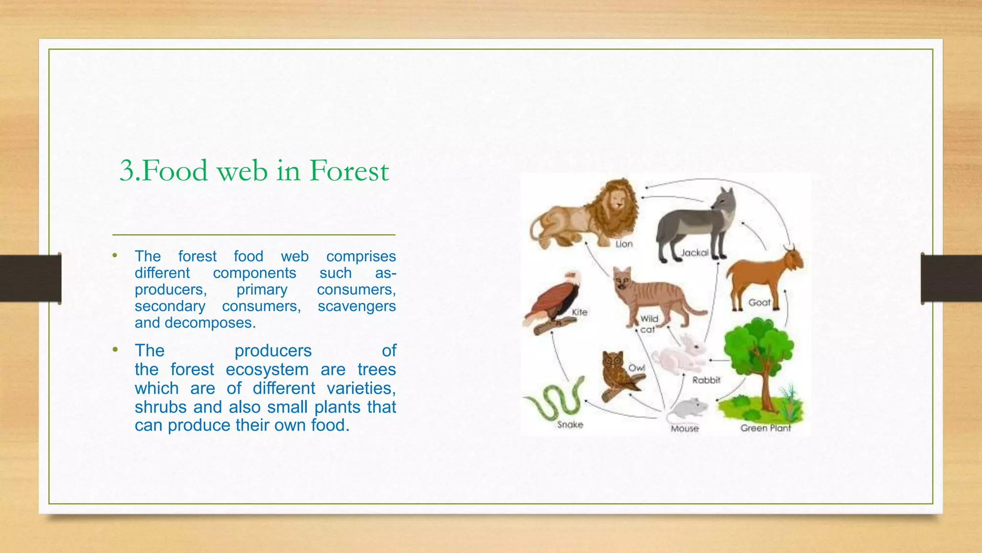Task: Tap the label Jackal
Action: pyautogui.click(x=694, y=252)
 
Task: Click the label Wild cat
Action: pyautogui.click(x=649, y=324)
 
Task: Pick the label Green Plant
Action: pyautogui.click(x=765, y=428)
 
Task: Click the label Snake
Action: pyautogui.click(x=570, y=425)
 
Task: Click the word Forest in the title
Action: pyautogui.click(x=349, y=171)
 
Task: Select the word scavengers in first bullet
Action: pyautogui.click(x=356, y=306)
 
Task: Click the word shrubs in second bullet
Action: pyautogui.click(x=161, y=407)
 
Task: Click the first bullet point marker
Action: pyautogui.click(x=115, y=256)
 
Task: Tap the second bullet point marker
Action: pyautogui.click(x=115, y=350)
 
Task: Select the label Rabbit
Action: pyautogui.click(x=706, y=380)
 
